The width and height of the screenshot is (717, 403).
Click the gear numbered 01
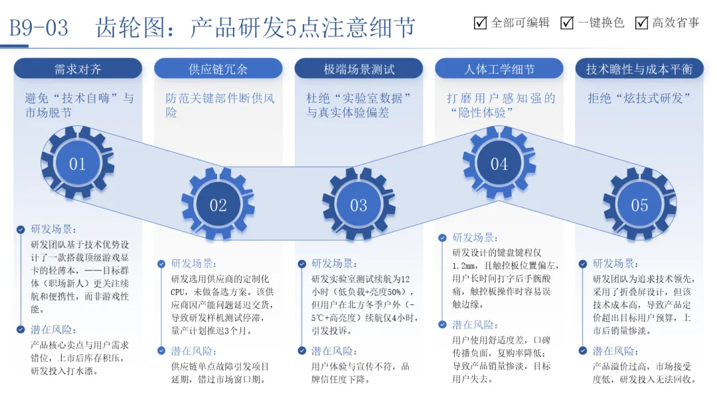[77, 164]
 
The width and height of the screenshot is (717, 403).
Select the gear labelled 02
[218, 205]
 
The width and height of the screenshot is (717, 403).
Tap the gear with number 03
[358, 205]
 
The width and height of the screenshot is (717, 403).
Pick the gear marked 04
[499, 164]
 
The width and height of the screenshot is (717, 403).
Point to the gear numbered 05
[639, 205]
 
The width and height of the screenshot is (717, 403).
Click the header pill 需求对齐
[78, 69]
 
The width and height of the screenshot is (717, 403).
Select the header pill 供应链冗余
[218, 69]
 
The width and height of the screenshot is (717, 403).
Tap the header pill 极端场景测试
[358, 69]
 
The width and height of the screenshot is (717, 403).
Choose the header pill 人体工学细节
[499, 69]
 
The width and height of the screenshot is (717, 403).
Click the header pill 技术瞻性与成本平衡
[639, 69]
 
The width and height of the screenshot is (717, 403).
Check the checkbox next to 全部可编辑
[481, 23]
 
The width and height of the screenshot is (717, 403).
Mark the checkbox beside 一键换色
[567, 23]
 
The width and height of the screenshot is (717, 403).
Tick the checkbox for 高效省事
[641, 23]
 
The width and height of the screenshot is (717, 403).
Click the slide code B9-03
[39, 28]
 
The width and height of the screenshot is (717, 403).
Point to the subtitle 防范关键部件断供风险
[220, 105]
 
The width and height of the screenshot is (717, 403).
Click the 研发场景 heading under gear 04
[475, 237]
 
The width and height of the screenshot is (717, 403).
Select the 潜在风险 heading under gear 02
[194, 351]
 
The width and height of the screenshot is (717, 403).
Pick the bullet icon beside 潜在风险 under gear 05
[582, 351]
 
